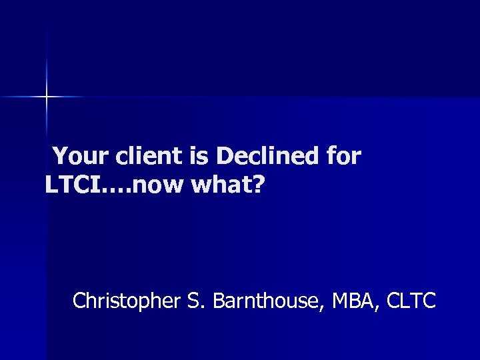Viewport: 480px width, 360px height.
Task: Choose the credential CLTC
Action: pyautogui.click(x=411, y=301)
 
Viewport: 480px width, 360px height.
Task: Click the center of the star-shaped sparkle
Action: pyautogui.click(x=47, y=97)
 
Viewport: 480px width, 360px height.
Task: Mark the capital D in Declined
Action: pyautogui.click(x=225, y=157)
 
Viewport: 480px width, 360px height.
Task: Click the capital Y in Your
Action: pyautogui.click(x=59, y=157)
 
